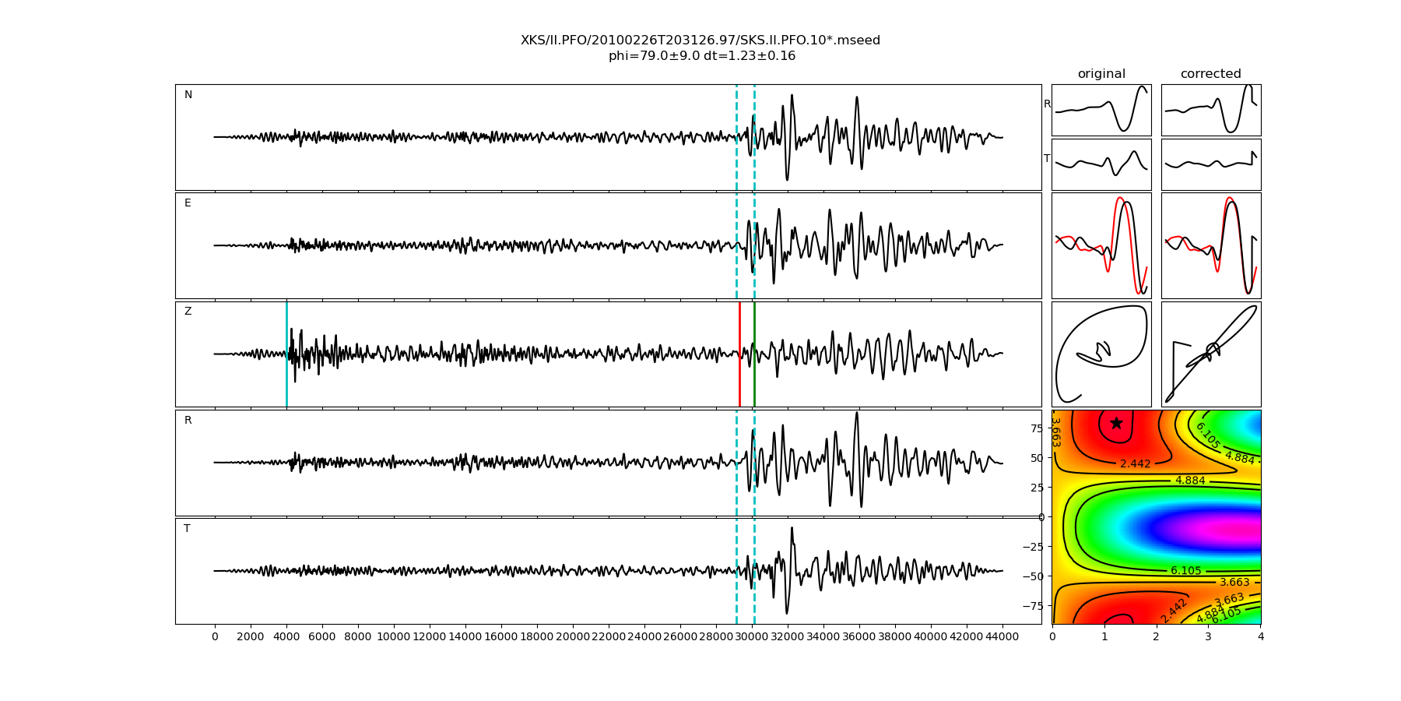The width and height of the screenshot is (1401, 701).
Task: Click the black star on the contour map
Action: (x=1116, y=423)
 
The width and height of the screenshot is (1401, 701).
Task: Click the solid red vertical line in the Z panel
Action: (x=739, y=354)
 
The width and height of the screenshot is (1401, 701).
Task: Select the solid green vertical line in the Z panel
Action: (x=754, y=354)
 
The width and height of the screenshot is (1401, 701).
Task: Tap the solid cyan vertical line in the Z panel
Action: (x=286, y=354)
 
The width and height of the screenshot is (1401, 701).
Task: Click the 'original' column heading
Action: (x=1101, y=74)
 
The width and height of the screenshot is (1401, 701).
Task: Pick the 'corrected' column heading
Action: (x=1210, y=74)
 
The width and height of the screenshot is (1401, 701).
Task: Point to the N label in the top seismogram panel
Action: (x=188, y=95)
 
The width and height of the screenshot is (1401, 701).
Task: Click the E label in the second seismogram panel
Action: (x=188, y=203)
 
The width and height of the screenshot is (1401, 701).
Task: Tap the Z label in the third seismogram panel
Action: (x=188, y=312)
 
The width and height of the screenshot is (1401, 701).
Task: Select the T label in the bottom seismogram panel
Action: (x=187, y=529)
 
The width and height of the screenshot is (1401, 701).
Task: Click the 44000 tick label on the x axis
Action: (x=1002, y=636)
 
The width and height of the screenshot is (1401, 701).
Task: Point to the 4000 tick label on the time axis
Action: (x=286, y=636)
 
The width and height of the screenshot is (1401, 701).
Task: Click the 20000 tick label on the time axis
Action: (x=573, y=636)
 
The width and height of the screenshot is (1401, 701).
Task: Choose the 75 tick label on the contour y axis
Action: (x=1036, y=428)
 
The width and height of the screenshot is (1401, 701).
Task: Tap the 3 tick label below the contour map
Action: (x=1209, y=636)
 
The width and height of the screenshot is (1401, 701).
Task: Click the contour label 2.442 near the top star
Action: (x=1135, y=464)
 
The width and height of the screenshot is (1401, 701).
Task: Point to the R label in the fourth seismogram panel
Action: (x=188, y=421)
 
